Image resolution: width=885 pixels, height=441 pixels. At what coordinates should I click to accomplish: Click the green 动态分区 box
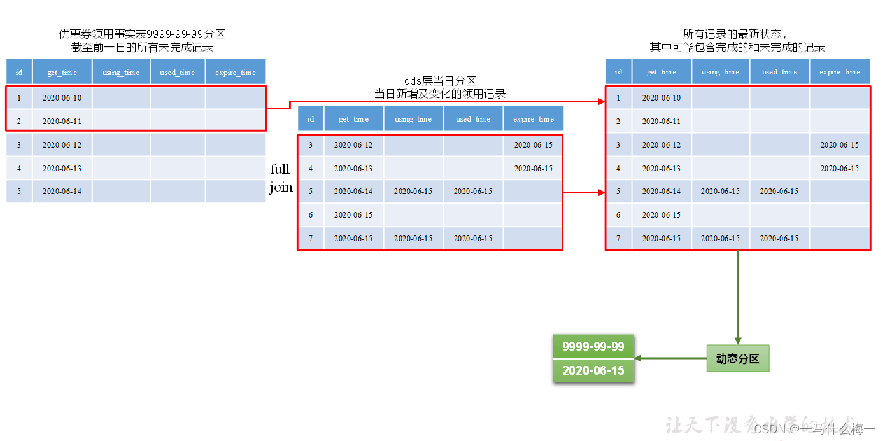737,358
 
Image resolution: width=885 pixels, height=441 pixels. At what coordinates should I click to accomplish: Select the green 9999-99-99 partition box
593,347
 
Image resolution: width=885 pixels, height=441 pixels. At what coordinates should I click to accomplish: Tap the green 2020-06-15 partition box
593,370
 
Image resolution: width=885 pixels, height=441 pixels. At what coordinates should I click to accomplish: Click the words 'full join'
281,178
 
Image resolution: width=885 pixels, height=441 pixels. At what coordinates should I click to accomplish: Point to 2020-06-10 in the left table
62,98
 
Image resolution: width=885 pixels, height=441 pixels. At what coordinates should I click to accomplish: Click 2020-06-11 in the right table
661,121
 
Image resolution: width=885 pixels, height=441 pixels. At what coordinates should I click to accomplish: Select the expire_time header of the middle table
533,119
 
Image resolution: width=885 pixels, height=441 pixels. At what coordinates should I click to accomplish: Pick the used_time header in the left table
177,73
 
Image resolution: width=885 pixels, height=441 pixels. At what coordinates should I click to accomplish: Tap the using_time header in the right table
720,72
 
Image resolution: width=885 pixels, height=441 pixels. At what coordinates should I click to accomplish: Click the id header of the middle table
311,119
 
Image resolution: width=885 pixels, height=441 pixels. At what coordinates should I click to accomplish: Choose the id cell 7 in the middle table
311,238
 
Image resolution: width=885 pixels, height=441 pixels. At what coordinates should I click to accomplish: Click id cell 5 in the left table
19,191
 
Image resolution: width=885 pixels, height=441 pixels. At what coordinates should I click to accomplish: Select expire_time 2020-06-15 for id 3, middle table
533,144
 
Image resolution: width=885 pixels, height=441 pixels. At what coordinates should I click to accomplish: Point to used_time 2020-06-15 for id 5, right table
779,191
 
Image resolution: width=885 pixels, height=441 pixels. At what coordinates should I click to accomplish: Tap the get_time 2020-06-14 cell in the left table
62,191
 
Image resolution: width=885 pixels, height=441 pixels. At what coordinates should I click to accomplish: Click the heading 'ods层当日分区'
440,81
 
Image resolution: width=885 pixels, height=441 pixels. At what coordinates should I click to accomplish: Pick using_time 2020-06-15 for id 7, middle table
413,238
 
